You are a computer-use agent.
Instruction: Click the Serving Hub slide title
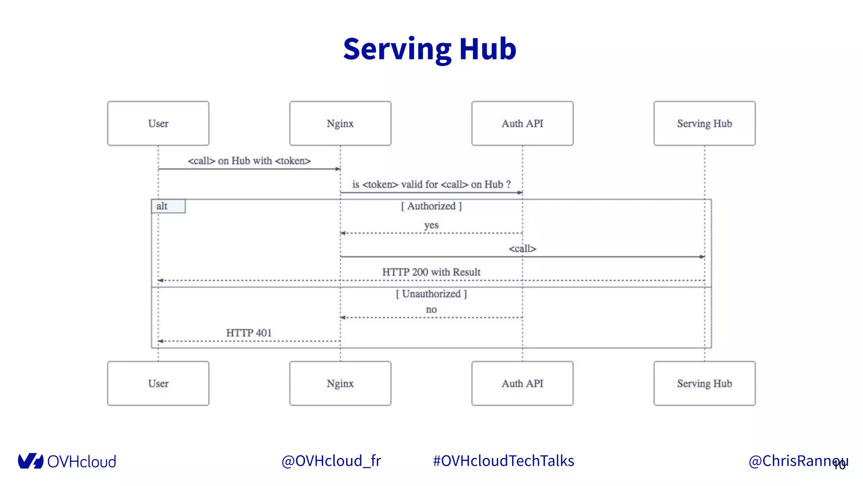tap(429, 49)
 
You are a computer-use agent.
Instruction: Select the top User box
tap(158, 123)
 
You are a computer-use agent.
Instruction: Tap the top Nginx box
tap(340, 123)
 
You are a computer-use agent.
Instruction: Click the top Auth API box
tap(522, 123)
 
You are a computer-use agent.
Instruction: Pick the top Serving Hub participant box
tap(704, 123)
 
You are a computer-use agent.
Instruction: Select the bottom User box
tap(158, 383)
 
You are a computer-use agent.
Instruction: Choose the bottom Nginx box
tap(340, 383)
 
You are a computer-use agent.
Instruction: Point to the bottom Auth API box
tap(522, 383)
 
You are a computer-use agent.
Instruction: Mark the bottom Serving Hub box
tap(704, 383)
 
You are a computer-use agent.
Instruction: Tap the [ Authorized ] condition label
tap(431, 206)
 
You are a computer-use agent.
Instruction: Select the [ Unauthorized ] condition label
tap(431, 294)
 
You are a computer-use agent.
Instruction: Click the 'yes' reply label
tap(431, 225)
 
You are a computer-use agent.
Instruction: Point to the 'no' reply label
tap(431, 309)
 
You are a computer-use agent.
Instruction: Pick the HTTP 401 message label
tap(249, 333)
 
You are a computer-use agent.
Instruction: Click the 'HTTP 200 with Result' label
tap(431, 272)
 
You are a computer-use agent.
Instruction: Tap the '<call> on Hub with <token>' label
tap(249, 161)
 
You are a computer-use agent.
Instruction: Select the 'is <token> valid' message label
tap(431, 184)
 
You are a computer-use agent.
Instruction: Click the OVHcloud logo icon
tap(30, 461)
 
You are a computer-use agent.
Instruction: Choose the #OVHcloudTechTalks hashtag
tap(504, 461)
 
